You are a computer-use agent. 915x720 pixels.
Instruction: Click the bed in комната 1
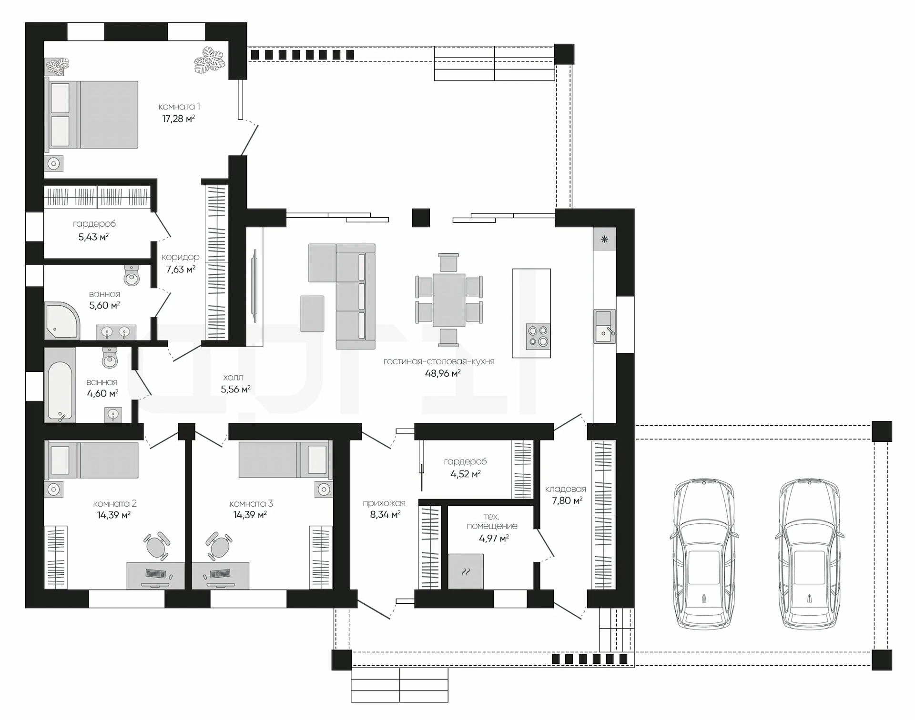[91, 114]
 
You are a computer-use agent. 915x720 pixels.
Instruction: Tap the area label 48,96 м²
[443, 374]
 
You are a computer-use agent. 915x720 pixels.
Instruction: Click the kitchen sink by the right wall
[604, 326]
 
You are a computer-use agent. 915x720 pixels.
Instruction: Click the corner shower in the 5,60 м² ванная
[62, 320]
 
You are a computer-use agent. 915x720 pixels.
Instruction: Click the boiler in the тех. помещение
[466, 571]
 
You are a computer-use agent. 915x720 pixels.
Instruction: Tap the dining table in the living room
[449, 300]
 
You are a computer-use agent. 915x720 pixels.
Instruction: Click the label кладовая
[566, 489]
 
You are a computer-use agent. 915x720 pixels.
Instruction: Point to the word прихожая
[384, 503]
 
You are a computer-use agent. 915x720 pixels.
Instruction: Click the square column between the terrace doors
[421, 218]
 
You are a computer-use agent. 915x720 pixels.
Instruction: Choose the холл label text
[233, 378]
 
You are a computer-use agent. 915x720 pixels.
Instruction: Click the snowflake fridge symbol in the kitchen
[604, 240]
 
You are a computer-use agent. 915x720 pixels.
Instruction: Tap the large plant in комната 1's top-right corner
[209, 60]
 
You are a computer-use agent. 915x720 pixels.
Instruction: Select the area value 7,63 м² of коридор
[181, 270]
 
